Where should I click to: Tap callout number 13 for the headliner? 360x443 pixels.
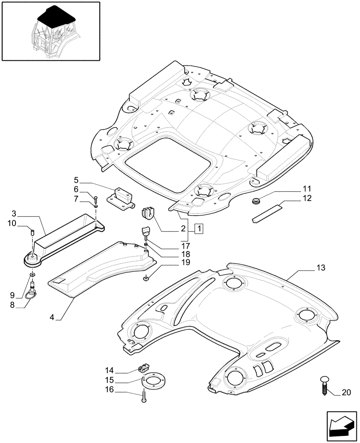click(x=321, y=268)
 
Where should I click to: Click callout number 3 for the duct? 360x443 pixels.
click(x=14, y=213)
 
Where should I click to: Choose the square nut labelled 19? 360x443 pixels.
click(x=146, y=278)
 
